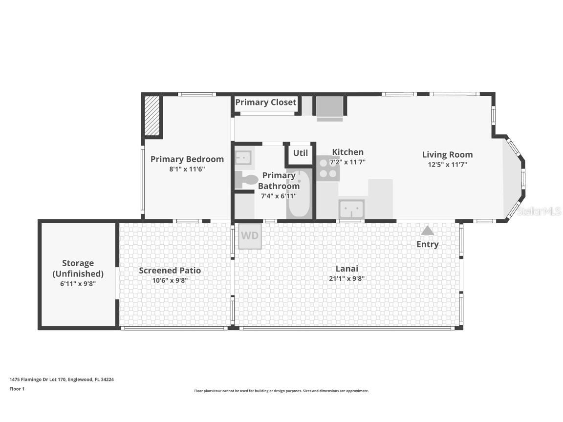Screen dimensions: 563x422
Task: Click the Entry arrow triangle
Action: [427, 231]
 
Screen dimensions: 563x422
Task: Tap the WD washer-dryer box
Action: [250, 236]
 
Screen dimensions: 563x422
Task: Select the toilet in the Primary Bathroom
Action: [246, 180]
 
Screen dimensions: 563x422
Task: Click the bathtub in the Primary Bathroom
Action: [299, 193]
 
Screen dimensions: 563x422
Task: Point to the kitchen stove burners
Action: [328, 169]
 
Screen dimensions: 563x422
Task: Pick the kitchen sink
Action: [351, 209]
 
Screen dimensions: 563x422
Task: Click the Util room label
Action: [301, 153]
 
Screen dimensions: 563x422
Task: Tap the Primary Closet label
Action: [266, 102]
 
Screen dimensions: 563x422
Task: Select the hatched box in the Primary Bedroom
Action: [152, 116]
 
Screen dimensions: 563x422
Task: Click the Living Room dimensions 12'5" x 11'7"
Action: [447, 164]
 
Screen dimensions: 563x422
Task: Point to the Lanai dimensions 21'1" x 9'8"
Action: [347, 278]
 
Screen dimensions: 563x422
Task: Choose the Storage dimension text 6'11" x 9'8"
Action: [78, 283]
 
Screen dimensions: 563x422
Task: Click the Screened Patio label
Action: [170, 270]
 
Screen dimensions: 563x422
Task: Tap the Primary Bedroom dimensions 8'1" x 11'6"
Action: [187, 169]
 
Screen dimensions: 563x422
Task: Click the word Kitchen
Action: [347, 152]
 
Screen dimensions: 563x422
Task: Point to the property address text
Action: [62, 380]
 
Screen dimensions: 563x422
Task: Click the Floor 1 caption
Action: [17, 389]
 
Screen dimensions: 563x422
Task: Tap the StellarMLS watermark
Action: [539, 211]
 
